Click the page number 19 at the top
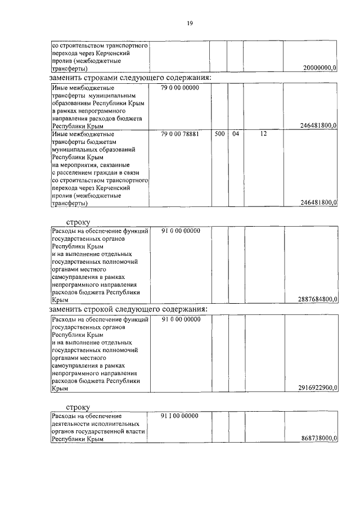click(190, 23)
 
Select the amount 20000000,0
click(319, 68)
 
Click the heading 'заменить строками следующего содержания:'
click(130, 77)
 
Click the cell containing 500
click(220, 135)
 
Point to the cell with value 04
click(236, 135)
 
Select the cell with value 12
click(263, 135)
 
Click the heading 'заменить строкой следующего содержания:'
click(128, 309)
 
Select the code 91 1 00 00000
click(180, 416)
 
